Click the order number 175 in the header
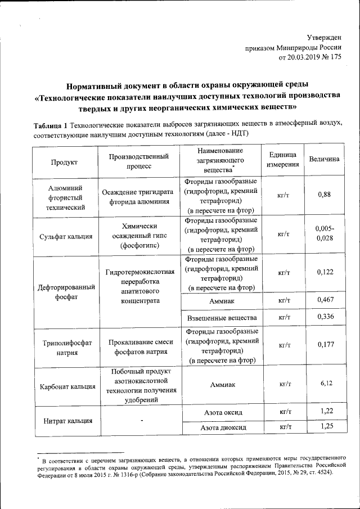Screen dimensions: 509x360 click(334, 57)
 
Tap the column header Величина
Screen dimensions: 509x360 click(324, 159)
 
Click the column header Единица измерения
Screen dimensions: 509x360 click(280, 160)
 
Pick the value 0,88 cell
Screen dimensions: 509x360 click(324, 195)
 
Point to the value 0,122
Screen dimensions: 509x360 click(324, 272)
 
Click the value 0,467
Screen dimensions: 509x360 click(324, 300)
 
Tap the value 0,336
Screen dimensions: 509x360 click(324, 317)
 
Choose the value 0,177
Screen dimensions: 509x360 click(324, 344)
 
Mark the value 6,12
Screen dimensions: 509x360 click(324, 384)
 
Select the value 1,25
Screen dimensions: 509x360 click(324, 427)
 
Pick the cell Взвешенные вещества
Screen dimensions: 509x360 click(221, 318)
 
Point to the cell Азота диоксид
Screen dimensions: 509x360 click(221, 428)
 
